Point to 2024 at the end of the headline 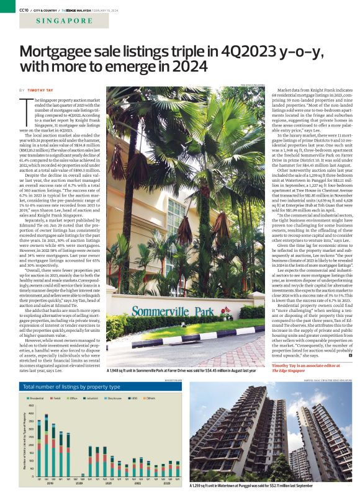click(187, 65)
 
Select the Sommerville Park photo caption click(182, 371)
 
